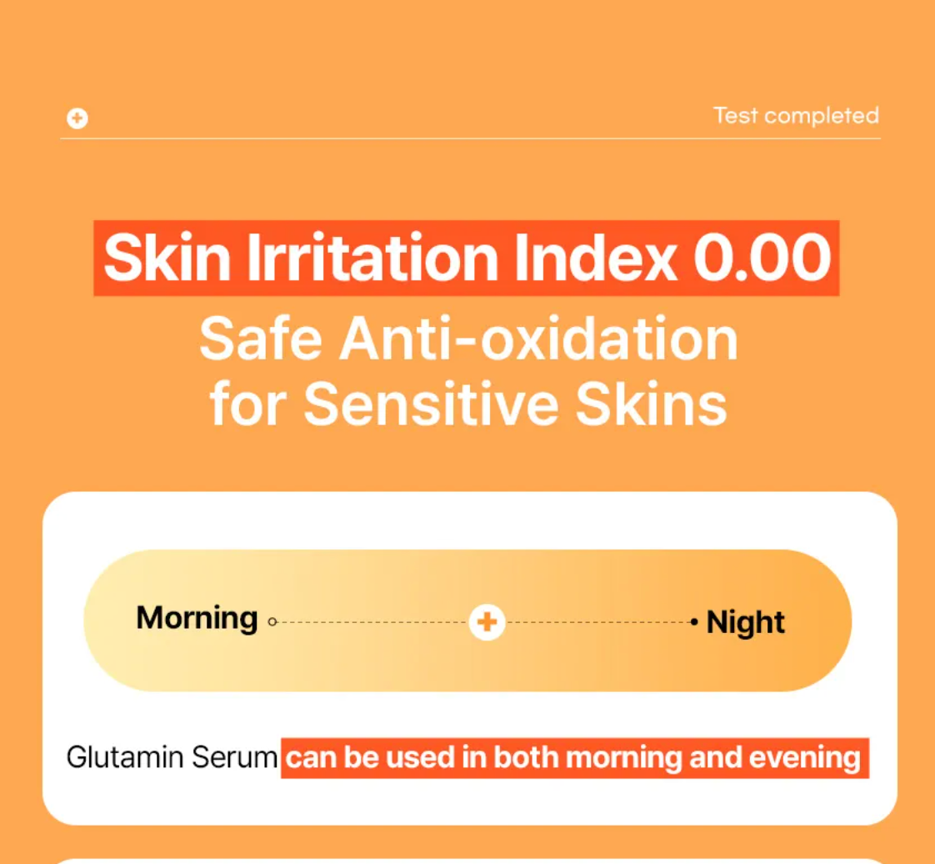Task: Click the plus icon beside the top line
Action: [77, 118]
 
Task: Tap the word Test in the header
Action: [735, 115]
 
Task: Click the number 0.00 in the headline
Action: [762, 258]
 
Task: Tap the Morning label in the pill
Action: [197, 619]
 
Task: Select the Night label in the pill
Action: [746, 622]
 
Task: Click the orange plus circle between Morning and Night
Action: [487, 622]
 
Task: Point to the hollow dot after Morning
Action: [272, 622]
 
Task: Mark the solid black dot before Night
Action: [694, 622]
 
